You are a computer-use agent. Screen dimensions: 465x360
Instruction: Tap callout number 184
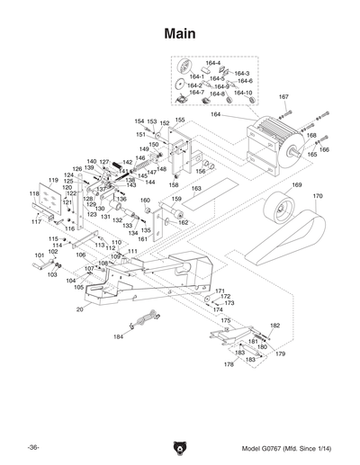[x=118, y=337]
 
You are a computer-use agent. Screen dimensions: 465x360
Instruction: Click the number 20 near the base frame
[x=79, y=309]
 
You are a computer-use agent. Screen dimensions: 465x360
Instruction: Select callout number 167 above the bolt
[x=283, y=96]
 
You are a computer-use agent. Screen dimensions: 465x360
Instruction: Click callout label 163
[x=196, y=189]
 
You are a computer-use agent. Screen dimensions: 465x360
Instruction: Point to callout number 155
[x=180, y=120]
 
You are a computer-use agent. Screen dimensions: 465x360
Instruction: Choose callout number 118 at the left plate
[x=33, y=192]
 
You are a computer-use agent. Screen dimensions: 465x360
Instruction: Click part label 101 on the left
[x=39, y=256]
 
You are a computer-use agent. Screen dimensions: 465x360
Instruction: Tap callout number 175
[x=226, y=320]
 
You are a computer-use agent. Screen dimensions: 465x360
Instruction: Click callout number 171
[x=219, y=291]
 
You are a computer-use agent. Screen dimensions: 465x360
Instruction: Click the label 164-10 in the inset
[x=243, y=93]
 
